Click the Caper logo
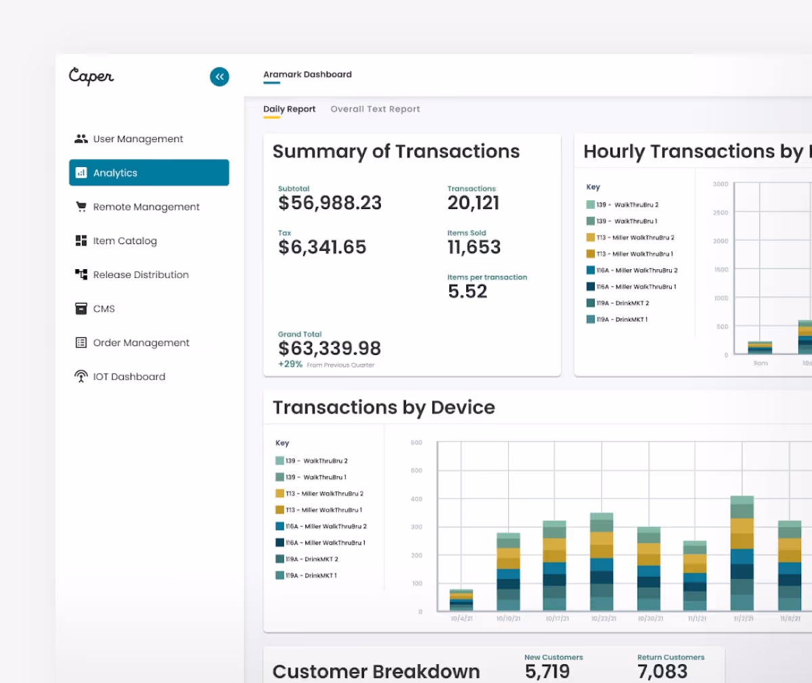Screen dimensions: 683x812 pos(91,76)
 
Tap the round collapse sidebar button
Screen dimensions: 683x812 pos(219,76)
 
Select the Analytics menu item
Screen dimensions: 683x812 pos(149,172)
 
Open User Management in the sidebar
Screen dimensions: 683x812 pos(137,139)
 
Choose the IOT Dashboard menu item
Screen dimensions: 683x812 pos(129,377)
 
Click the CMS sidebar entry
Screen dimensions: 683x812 pos(104,308)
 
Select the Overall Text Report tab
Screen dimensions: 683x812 pos(375,109)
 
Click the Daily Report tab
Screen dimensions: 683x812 pos(289,109)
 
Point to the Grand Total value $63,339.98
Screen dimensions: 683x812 pos(330,348)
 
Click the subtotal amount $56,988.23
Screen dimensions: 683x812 pos(330,203)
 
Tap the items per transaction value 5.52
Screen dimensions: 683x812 pos(468,291)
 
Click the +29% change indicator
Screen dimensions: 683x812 pos(290,364)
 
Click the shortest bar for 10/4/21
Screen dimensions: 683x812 pos(461,600)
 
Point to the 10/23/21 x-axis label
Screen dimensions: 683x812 pos(603,619)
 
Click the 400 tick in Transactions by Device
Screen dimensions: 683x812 pos(416,499)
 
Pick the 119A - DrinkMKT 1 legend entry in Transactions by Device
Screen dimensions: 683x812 pos(311,575)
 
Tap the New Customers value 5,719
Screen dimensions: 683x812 pos(547,671)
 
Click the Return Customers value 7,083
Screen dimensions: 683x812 pos(662,671)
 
